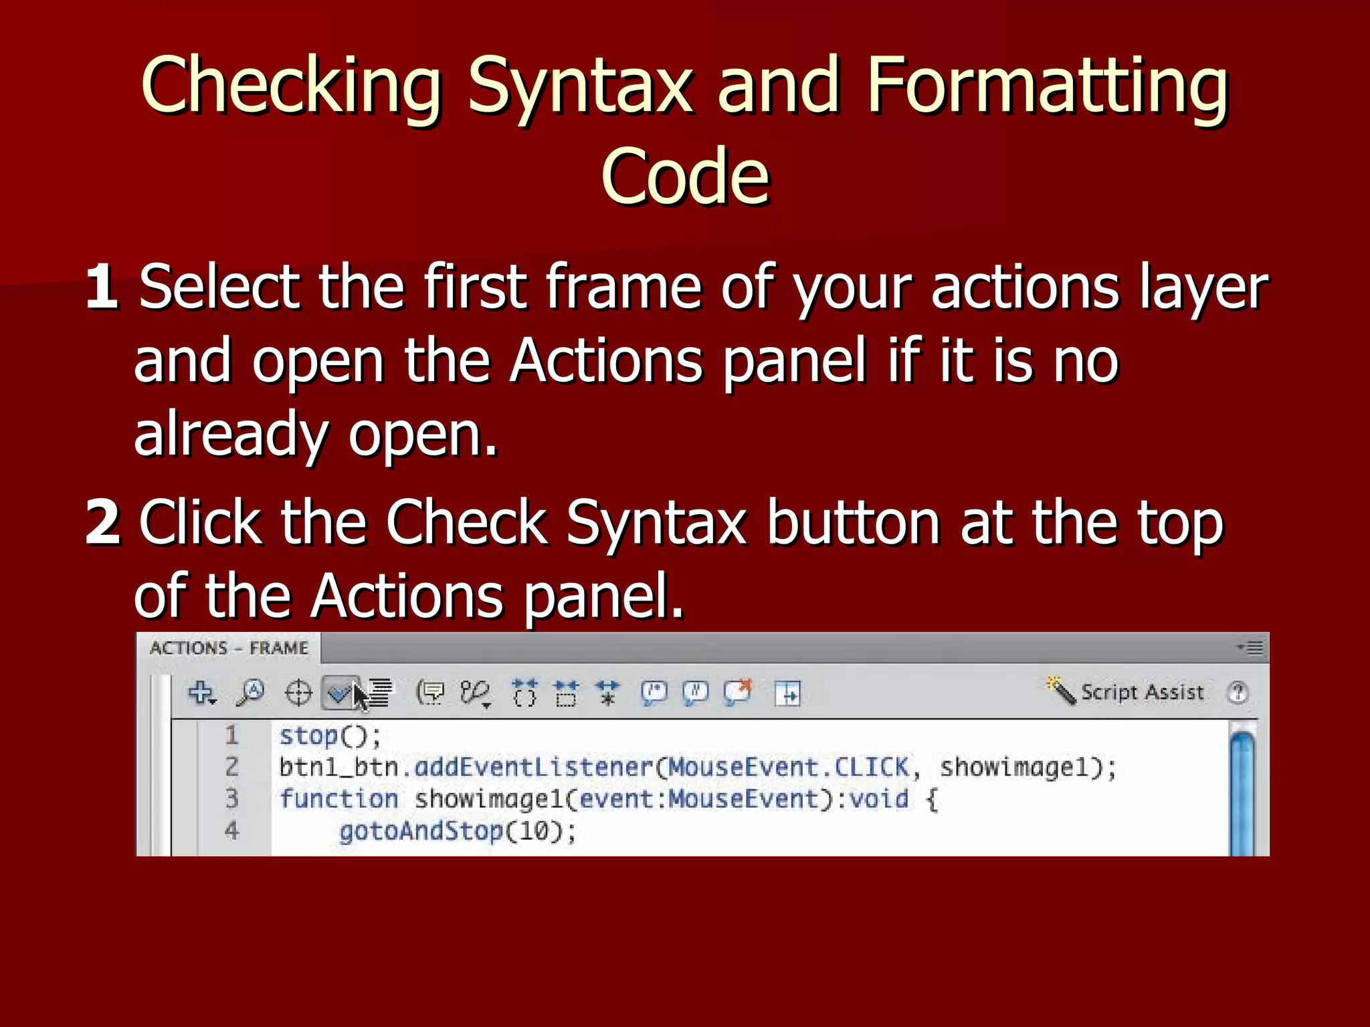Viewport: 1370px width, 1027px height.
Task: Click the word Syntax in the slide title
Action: pyautogui.click(x=579, y=87)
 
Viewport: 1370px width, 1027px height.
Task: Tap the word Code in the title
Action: pyautogui.click(x=685, y=177)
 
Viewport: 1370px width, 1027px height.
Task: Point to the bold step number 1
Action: pyautogui.click(x=102, y=287)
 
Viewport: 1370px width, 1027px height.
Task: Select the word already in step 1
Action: pyautogui.click(x=231, y=435)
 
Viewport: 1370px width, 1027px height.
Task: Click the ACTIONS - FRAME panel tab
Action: pyautogui.click(x=229, y=648)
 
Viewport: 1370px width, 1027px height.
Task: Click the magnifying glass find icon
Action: pyautogui.click(x=250, y=693)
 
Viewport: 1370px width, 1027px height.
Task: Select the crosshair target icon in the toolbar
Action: pyautogui.click(x=298, y=693)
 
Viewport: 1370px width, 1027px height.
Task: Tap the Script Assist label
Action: pyautogui.click(x=1142, y=692)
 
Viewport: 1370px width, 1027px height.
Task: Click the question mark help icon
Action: pyautogui.click(x=1238, y=693)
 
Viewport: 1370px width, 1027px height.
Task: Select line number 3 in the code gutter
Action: pyautogui.click(x=231, y=798)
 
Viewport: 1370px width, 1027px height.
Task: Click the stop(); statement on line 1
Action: pyautogui.click(x=330, y=736)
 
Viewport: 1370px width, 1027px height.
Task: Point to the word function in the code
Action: pyautogui.click(x=338, y=799)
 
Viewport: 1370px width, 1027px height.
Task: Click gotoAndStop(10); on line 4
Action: pyautogui.click(x=457, y=831)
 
